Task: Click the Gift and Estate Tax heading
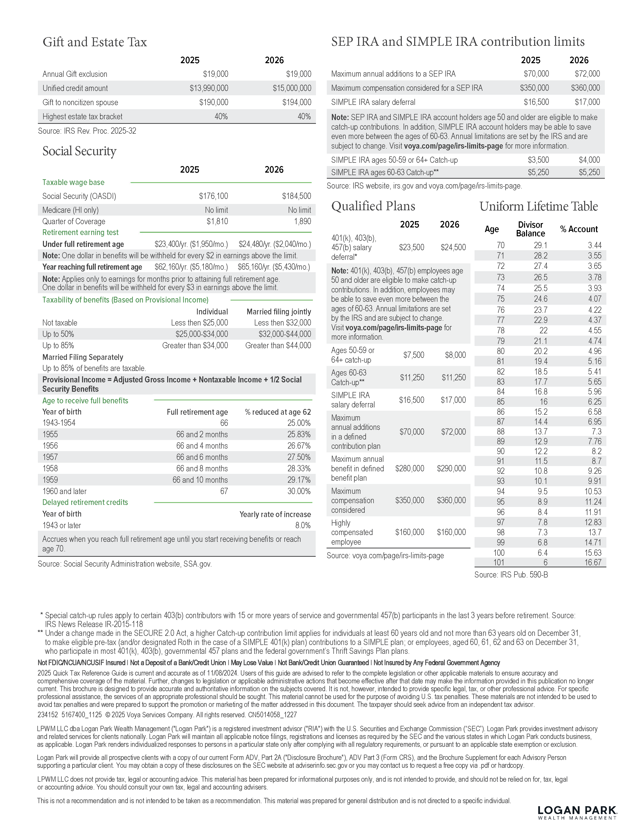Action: tap(95, 42)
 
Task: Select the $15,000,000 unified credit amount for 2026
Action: tap(292, 88)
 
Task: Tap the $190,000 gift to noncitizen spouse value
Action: tap(214, 102)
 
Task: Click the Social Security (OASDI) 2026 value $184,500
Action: tap(296, 196)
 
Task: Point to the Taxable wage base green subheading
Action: tap(73, 182)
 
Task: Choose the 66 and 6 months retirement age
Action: tap(202, 457)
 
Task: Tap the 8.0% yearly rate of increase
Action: tap(303, 525)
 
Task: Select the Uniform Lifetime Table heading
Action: tap(538, 206)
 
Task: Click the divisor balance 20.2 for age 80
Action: tap(541, 351)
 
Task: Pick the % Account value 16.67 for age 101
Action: tap(592, 563)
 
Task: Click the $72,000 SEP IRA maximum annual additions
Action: tap(587, 74)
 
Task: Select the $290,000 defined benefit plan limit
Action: tap(451, 469)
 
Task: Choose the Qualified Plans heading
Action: tap(373, 206)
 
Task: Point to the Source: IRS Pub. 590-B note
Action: tap(511, 575)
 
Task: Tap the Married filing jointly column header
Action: tap(279, 312)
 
